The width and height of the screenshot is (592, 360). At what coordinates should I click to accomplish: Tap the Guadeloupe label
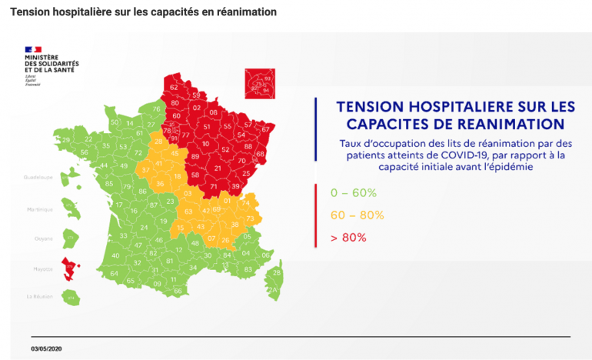(x=38, y=177)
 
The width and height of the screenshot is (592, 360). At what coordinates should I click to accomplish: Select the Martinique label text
(x=40, y=209)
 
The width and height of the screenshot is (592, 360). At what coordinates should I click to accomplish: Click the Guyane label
(x=43, y=238)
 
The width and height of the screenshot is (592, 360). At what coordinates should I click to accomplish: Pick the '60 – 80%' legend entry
(x=357, y=215)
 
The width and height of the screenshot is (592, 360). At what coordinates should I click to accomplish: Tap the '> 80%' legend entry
(x=348, y=238)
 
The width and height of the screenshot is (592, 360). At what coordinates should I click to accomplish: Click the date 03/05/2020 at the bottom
(x=45, y=348)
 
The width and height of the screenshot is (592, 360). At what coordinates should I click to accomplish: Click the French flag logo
(x=33, y=50)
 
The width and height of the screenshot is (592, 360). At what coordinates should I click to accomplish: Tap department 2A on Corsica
(x=271, y=290)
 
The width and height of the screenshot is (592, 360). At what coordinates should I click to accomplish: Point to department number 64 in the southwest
(x=114, y=273)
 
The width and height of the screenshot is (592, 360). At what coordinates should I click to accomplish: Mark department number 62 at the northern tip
(x=173, y=88)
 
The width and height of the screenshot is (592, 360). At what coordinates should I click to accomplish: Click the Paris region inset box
(x=258, y=83)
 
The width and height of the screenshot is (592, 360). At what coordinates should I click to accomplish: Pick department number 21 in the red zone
(x=218, y=168)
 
